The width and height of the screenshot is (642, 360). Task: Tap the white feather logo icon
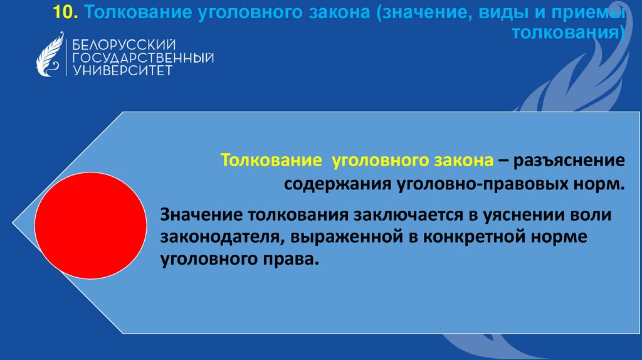point(50,54)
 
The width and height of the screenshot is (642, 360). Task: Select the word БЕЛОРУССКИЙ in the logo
point(123,45)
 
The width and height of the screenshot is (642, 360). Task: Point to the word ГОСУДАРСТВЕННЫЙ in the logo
point(144,57)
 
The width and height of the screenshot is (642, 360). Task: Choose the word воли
point(596,215)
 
